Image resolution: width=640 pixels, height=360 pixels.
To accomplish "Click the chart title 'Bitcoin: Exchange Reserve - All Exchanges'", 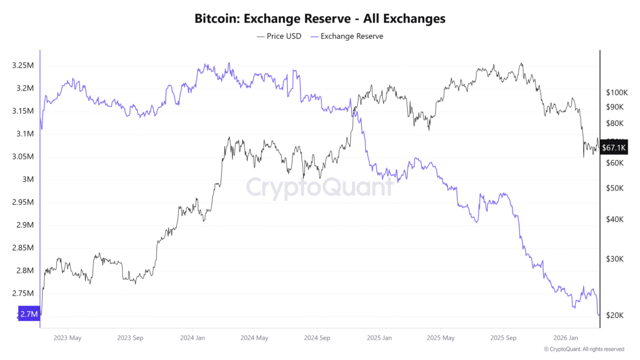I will [319, 19].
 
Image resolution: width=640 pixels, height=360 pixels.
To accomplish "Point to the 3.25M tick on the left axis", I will [23, 66].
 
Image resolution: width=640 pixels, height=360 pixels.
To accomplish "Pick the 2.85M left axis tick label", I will [23, 248].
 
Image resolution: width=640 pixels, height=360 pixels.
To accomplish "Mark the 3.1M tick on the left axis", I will [25, 134].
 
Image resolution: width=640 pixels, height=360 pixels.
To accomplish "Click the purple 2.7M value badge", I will [29, 314].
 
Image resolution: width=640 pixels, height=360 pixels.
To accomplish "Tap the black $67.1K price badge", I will [614, 148].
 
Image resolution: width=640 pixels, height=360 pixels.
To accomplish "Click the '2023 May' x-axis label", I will [67, 337].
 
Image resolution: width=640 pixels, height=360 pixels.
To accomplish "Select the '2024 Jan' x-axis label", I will [192, 337].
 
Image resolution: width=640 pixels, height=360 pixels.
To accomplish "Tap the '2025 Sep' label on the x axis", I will [503, 337].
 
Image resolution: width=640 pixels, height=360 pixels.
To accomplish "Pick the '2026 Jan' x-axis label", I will [566, 337].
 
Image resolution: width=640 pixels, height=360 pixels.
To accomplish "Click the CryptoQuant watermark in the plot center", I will [319, 187].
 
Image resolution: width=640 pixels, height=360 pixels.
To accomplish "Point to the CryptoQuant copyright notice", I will [584, 350].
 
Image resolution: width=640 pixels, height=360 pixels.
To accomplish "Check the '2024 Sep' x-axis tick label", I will [318, 337].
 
